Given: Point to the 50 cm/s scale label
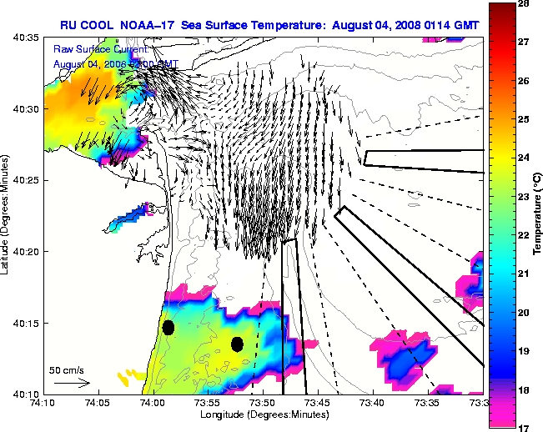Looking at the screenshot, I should [x=65, y=369].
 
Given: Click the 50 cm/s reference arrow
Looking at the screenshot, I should [x=71, y=383].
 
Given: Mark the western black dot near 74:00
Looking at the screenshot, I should [x=168, y=328].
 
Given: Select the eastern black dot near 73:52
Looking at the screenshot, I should [x=237, y=344].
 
